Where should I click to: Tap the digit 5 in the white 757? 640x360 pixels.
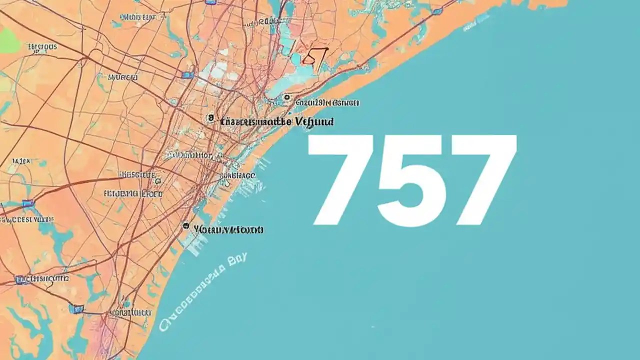pos(411,180)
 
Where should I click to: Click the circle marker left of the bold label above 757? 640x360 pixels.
pos(210,118)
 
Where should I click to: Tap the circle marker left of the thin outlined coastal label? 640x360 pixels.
pos(286,97)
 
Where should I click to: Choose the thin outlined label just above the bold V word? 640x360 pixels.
pos(327,103)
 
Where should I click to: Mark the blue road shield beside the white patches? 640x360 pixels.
pos(187,75)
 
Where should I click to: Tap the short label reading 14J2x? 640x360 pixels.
pos(21,161)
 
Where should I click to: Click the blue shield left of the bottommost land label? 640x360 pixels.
pos(76,309)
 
